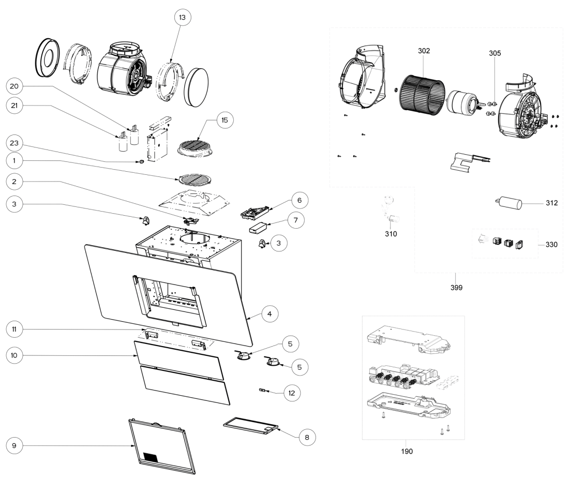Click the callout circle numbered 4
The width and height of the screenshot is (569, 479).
pyautogui.click(x=270, y=313)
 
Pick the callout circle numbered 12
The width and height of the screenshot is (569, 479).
pyautogui.click(x=292, y=393)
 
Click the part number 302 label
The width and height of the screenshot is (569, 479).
pyautogui.click(x=424, y=51)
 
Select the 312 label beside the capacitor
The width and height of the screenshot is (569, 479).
pyautogui.click(x=551, y=203)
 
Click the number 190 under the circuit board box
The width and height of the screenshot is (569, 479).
pyautogui.click(x=407, y=451)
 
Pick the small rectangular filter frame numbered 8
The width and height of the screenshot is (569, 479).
pyautogui.click(x=251, y=428)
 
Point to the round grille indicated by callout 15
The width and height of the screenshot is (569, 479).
pyautogui.click(x=196, y=146)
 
